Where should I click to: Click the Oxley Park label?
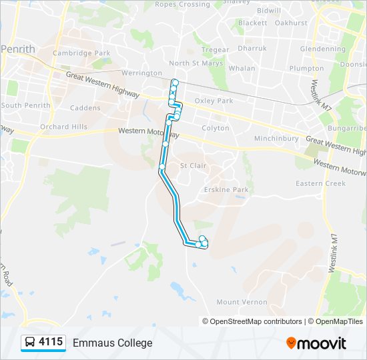[x=214, y=101]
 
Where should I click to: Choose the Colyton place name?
[x=215, y=127]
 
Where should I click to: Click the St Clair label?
[x=194, y=165]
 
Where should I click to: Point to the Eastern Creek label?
[x=321, y=183]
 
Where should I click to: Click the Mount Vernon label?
[x=242, y=302]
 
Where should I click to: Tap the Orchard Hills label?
[x=63, y=127]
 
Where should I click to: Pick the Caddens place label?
[x=84, y=108]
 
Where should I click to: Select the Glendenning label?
[x=323, y=49]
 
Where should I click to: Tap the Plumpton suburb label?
[x=306, y=68]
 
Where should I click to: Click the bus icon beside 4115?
[x=30, y=343]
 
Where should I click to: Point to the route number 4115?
[x=51, y=343]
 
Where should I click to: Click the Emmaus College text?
[x=112, y=343]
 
